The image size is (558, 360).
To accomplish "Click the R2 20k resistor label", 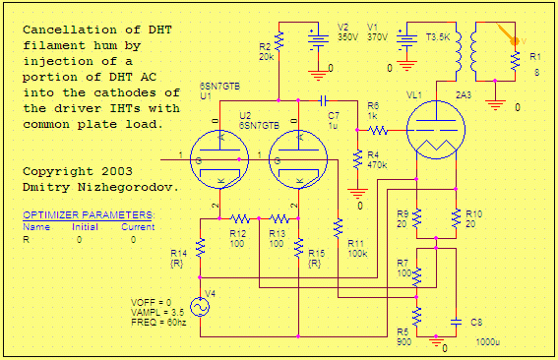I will (x=266, y=52).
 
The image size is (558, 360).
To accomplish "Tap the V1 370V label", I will (x=377, y=32).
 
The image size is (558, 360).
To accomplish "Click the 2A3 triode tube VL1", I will (x=435, y=130).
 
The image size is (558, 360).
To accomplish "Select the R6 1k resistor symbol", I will (x=379, y=129).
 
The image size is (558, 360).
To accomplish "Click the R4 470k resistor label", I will (x=377, y=160).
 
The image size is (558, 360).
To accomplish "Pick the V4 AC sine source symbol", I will (x=200, y=308).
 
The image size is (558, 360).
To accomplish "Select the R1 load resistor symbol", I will (x=513, y=61).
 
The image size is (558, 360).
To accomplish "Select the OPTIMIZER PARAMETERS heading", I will (x=88, y=214).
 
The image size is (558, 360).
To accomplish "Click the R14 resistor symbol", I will (x=200, y=247).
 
